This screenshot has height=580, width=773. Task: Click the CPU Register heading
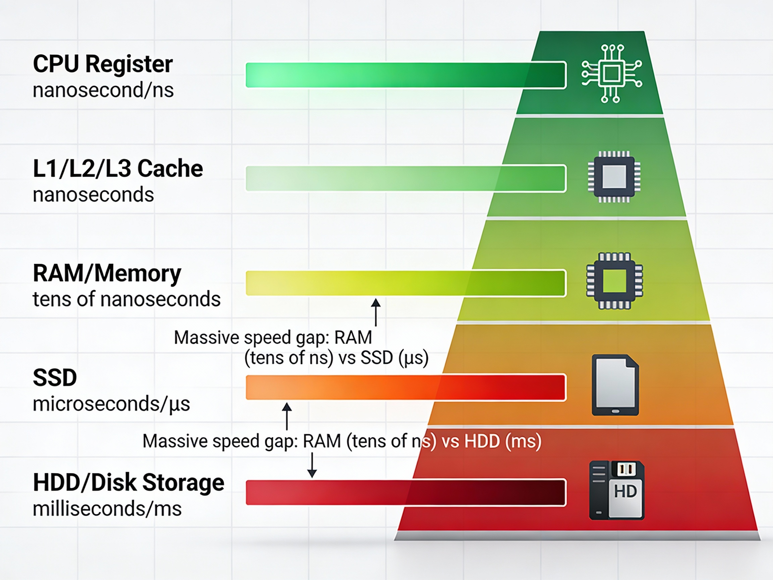103,64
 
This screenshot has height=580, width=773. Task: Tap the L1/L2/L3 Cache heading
118,168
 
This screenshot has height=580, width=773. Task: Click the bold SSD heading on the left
55,378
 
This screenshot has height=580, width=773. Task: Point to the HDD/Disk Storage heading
128,482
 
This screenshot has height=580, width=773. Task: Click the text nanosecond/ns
103,90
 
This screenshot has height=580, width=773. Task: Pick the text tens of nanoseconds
126,299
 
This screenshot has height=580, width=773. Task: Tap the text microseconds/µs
111,404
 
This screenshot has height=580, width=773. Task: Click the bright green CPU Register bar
405,75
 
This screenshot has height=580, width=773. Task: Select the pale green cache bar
405,179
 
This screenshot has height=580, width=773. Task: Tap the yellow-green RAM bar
405,283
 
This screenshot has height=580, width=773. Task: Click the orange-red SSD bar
405,387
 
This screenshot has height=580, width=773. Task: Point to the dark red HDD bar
405,492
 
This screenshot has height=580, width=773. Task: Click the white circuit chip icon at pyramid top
612,74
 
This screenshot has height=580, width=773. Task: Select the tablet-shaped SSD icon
615,385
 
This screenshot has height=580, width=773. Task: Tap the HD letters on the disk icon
625,491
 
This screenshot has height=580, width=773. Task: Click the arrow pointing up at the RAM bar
376,312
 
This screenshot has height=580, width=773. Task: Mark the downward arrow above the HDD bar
312,465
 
